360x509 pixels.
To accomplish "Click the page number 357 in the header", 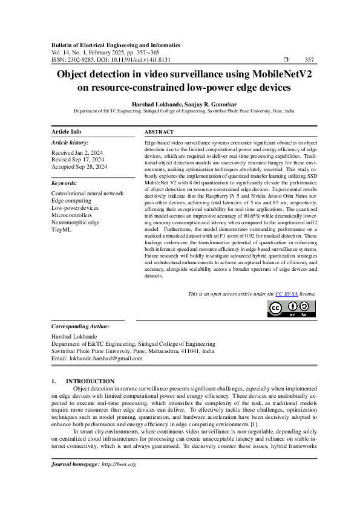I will click(309, 60).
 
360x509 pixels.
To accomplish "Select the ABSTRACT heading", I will click(159, 132).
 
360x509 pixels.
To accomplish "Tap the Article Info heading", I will click(67, 132).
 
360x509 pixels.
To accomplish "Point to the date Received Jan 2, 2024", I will click(77, 153).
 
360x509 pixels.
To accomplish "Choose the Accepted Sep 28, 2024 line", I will click(79, 167).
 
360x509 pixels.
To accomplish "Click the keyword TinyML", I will click(61, 230).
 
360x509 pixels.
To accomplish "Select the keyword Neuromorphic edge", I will click(75, 222).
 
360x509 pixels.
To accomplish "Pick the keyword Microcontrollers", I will click(71, 215).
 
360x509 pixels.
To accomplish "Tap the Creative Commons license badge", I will click(291, 308).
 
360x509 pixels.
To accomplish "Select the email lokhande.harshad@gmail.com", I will click(106, 358).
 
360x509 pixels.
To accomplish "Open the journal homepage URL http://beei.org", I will click(119, 481).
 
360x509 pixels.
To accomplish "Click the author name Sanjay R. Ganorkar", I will click(203, 103).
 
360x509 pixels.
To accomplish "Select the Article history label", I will click(70, 143).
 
